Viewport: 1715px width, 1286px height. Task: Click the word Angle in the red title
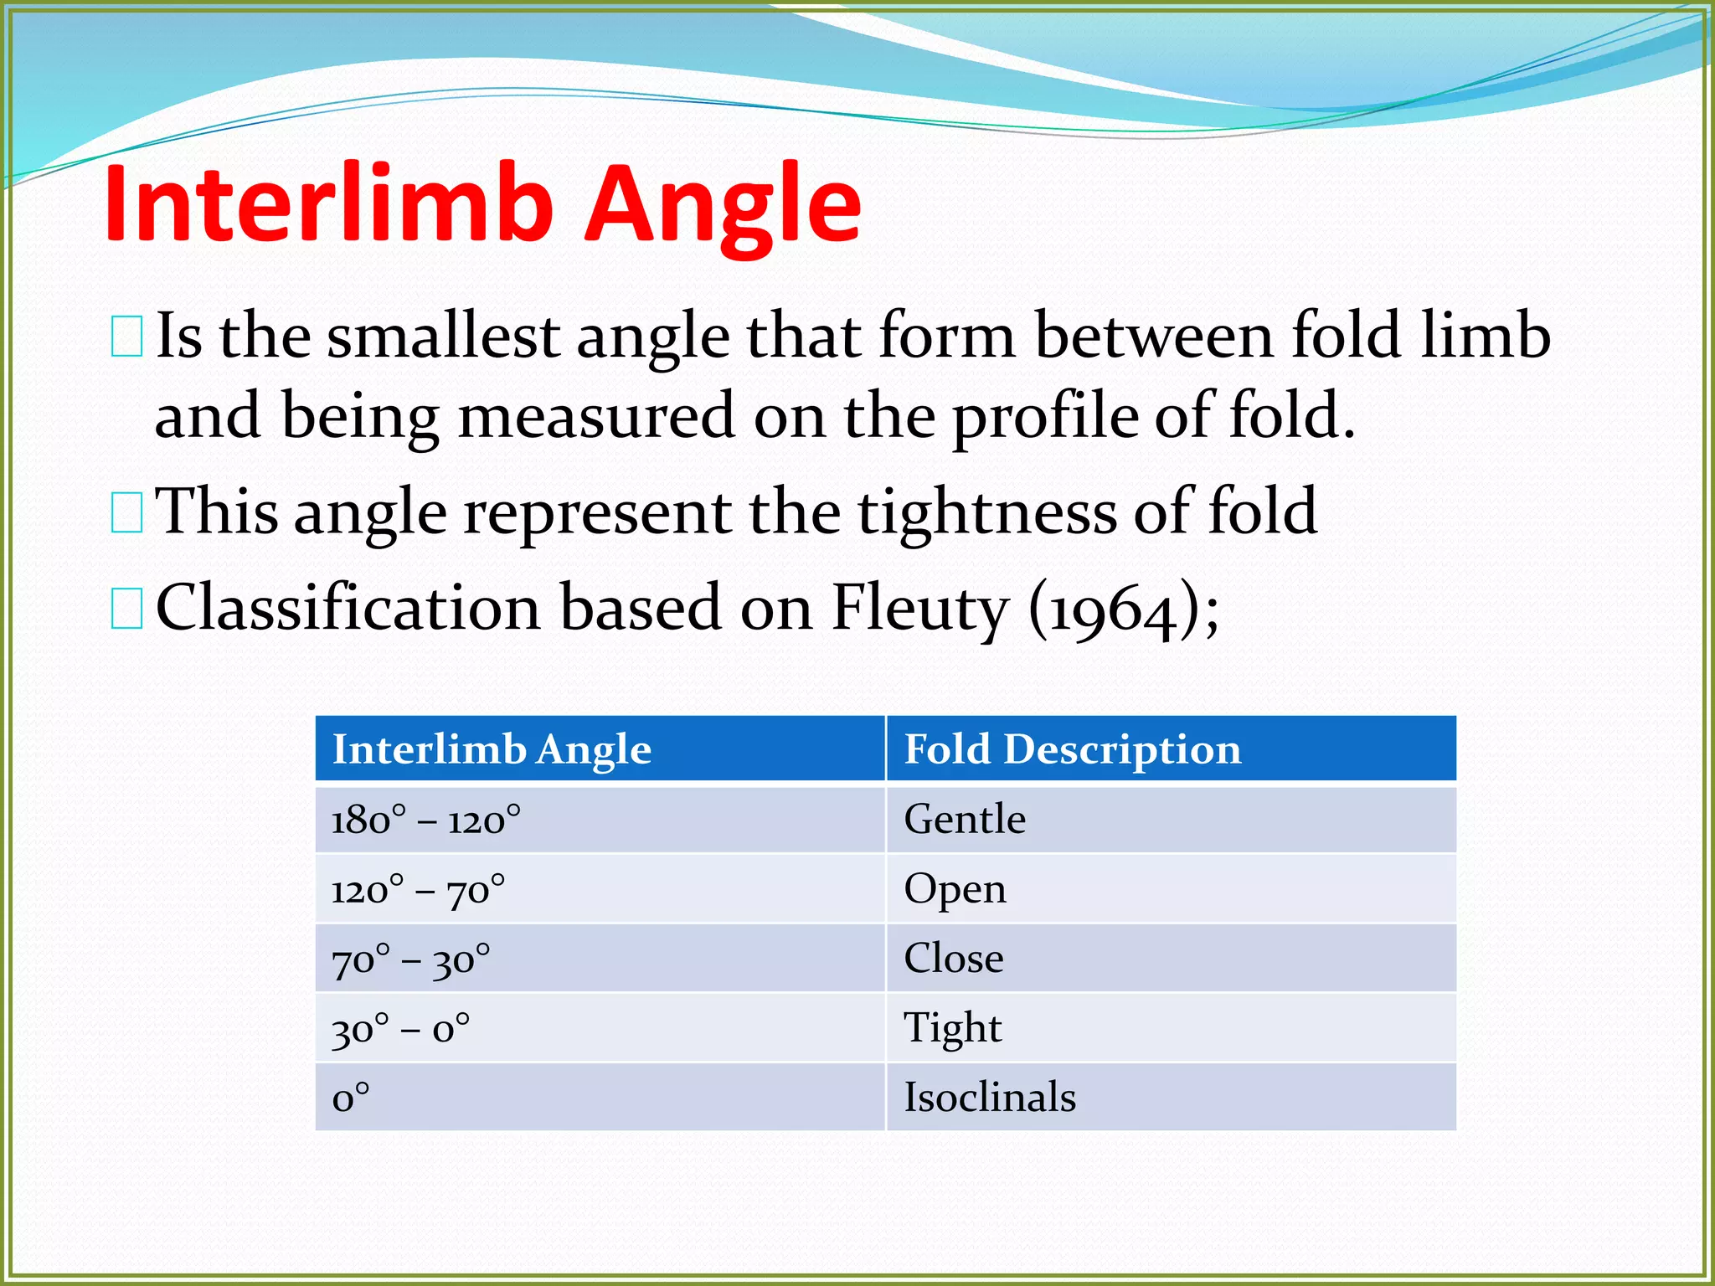click(722, 205)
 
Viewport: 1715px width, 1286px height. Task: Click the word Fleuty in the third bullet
click(920, 607)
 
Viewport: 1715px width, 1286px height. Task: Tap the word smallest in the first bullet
click(443, 336)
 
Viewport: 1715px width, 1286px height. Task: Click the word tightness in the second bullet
click(987, 512)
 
